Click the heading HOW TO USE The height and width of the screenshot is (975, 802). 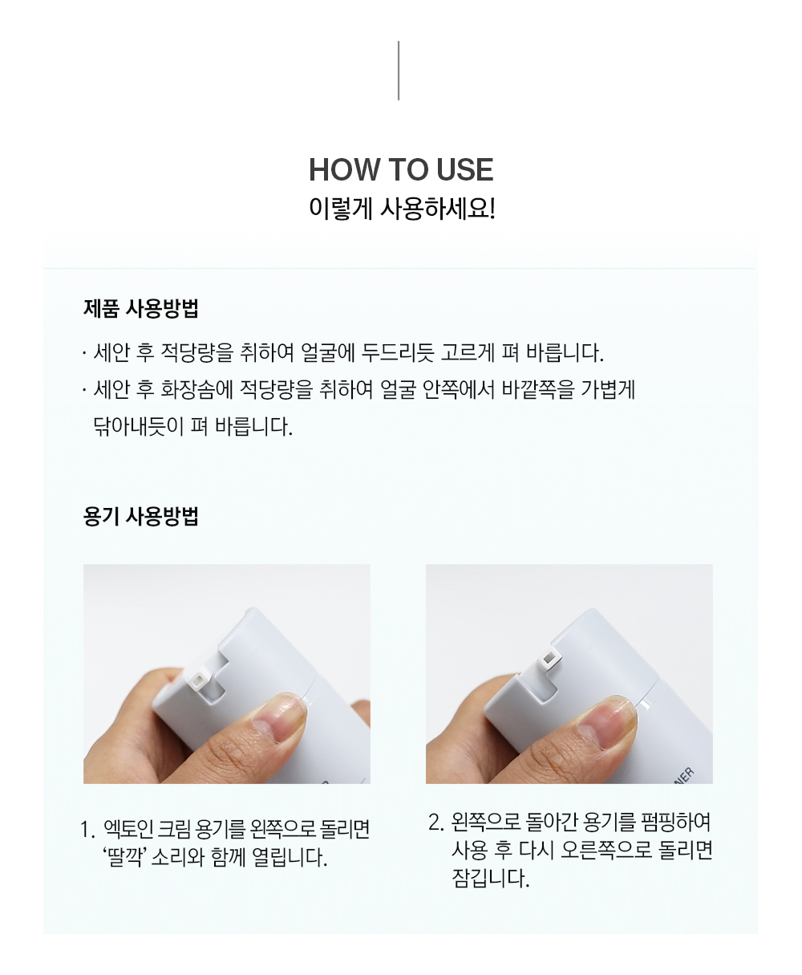pos(401,169)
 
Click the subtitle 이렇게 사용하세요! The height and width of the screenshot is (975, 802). pos(402,209)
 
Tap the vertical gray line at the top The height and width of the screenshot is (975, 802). pos(399,71)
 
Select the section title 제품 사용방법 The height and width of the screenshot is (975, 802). pos(141,308)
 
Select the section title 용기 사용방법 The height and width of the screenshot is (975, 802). pos(141,516)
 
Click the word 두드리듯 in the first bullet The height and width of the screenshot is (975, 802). pos(398,352)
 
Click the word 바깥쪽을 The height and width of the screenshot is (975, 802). pos(538,389)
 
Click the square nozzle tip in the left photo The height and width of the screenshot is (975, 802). pos(197,680)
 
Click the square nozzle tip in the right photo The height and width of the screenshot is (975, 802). pos(549,656)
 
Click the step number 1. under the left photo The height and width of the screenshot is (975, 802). pos(87,830)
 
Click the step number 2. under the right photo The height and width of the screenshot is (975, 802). pos(436,823)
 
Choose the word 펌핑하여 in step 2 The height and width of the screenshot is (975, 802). pos(675,822)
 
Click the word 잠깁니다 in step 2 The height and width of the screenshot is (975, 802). pos(490,877)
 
